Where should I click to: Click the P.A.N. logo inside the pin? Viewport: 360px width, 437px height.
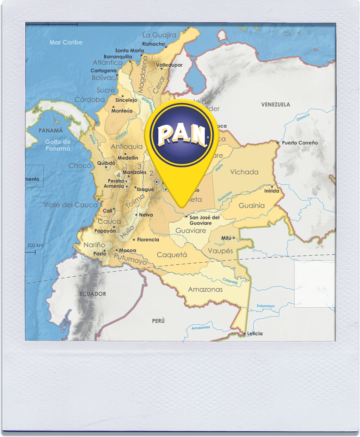click(x=182, y=136)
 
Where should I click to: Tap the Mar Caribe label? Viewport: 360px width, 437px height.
click(x=66, y=43)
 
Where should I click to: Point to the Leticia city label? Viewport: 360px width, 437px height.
click(x=255, y=333)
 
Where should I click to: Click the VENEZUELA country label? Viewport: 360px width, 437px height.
click(x=275, y=105)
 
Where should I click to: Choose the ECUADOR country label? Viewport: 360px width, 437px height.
click(x=93, y=294)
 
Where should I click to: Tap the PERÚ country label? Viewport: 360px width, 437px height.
click(x=158, y=321)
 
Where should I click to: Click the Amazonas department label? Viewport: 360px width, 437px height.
click(x=205, y=289)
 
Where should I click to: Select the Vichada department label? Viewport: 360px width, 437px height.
click(x=244, y=172)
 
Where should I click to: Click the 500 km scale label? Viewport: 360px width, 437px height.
click(x=35, y=245)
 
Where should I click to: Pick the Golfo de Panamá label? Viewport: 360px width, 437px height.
click(x=58, y=145)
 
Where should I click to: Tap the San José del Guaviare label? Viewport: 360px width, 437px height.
click(x=204, y=220)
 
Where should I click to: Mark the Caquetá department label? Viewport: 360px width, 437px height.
click(x=172, y=255)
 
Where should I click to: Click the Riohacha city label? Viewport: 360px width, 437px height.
click(x=154, y=44)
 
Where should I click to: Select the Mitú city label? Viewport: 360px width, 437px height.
click(x=226, y=238)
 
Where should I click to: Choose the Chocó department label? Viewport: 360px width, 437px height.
click(x=80, y=166)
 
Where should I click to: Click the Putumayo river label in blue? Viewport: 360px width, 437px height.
click(x=266, y=306)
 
